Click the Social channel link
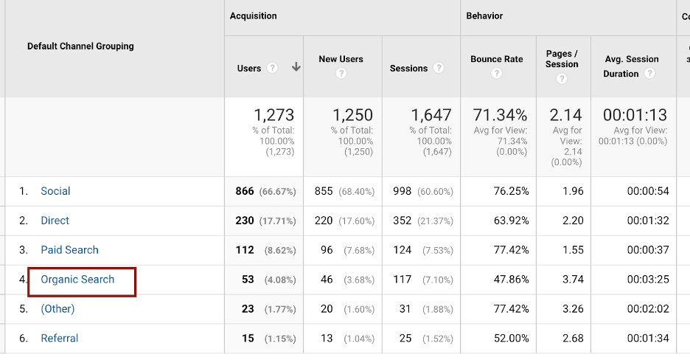tap(55, 191)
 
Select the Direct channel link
tap(55, 221)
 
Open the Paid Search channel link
tap(69, 250)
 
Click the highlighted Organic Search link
tap(77, 280)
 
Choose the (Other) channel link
tap(57, 309)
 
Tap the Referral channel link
tap(59, 339)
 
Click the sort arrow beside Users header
tap(296, 67)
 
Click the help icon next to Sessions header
tap(439, 68)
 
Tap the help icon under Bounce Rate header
tap(497, 74)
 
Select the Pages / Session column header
tap(562, 59)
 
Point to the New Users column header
tap(341, 59)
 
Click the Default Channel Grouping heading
tap(80, 46)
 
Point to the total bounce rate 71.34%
tap(499, 115)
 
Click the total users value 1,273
tap(273, 115)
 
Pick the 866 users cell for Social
tap(245, 191)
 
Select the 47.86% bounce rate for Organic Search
tap(511, 280)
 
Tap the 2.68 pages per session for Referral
tap(572, 339)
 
